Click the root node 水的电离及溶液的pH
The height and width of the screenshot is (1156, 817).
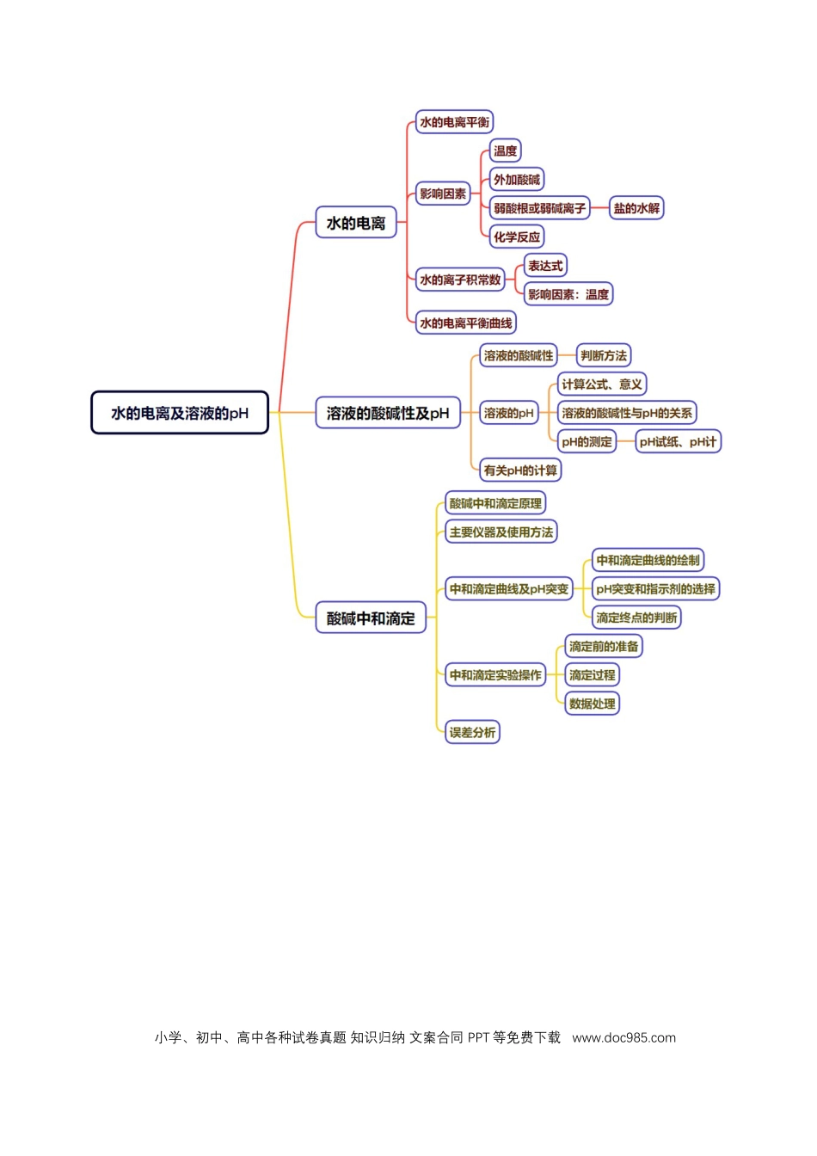pyautogui.click(x=180, y=412)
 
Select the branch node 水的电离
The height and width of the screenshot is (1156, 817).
pyautogui.click(x=355, y=223)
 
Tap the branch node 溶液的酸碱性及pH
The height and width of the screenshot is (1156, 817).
pyautogui.click(x=388, y=412)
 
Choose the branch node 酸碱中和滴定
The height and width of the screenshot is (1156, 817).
pyautogui.click(x=371, y=618)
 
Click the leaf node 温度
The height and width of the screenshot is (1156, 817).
pyautogui.click(x=505, y=151)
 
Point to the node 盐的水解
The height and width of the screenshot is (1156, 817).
pyautogui.click(x=636, y=208)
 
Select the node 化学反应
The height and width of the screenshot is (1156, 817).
pyautogui.click(x=517, y=237)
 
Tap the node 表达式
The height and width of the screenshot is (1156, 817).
pyautogui.click(x=545, y=266)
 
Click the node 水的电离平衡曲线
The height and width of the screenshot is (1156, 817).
pyautogui.click(x=465, y=323)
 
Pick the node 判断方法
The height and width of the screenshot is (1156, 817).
pyautogui.click(x=604, y=355)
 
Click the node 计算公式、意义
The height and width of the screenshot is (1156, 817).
pyautogui.click(x=602, y=384)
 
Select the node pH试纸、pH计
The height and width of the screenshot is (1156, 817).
pyautogui.click(x=678, y=442)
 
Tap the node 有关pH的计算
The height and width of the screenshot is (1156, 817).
pyautogui.click(x=520, y=470)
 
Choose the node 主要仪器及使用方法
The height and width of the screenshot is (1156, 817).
pyautogui.click(x=501, y=532)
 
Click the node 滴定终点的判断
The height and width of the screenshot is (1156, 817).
pyautogui.click(x=636, y=618)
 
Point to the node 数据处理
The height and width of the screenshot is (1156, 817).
pyautogui.click(x=592, y=704)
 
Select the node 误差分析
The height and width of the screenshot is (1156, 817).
pyautogui.click(x=472, y=732)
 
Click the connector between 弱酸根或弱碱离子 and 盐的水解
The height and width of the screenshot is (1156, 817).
pyautogui.click(x=599, y=208)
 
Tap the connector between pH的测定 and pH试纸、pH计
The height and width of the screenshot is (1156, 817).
pyautogui.click(x=625, y=442)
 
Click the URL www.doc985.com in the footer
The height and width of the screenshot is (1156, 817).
pyautogui.click(x=624, y=1038)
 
